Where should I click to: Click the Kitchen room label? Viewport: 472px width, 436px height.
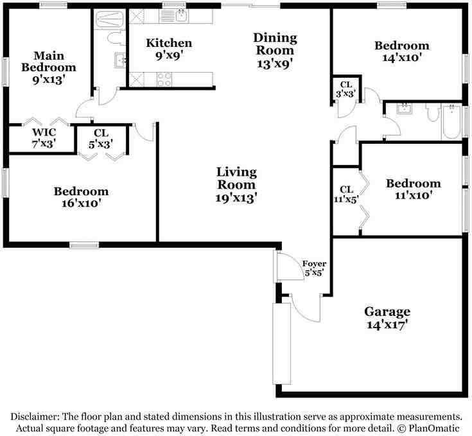(169, 43)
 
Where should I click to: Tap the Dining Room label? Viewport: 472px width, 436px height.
(275, 44)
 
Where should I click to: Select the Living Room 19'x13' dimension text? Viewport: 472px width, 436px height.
(236, 198)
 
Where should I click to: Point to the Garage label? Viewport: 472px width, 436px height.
(387, 311)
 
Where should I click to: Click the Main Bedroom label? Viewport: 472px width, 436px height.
(49, 62)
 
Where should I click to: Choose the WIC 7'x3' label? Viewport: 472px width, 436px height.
(44, 138)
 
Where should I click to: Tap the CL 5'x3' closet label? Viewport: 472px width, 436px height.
(101, 139)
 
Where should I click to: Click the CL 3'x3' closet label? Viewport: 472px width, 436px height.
(346, 89)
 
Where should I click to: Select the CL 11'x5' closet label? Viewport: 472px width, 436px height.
(347, 194)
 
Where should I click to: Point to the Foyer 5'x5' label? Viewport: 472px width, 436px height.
(314, 268)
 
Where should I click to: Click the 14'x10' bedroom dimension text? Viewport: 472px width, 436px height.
(401, 58)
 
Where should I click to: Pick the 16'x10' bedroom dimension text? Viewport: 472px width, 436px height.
(82, 203)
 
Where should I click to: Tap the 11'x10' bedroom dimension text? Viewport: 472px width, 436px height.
(414, 195)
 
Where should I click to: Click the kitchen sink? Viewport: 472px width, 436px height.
(180, 15)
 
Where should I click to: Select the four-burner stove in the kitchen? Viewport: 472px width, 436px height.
(164, 80)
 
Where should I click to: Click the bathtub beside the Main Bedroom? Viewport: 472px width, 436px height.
(110, 19)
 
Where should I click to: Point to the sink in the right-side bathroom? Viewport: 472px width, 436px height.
(403, 108)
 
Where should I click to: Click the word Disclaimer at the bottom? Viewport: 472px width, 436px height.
(35, 417)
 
